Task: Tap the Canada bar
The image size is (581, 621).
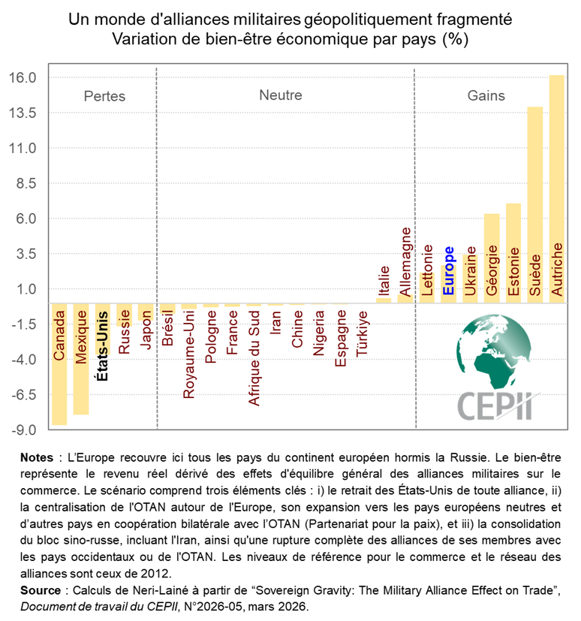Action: (x=59, y=364)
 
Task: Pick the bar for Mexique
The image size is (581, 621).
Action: (x=81, y=359)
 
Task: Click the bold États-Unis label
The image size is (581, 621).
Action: (x=103, y=346)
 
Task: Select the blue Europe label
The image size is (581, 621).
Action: (x=449, y=270)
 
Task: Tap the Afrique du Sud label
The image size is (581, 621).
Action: (x=254, y=357)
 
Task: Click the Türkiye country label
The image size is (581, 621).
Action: (x=363, y=335)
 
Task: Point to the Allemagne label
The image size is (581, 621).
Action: (x=405, y=261)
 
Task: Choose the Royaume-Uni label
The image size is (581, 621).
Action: (x=188, y=353)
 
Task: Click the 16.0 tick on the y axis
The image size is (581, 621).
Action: (x=23, y=78)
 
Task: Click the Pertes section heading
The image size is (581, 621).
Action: (x=104, y=96)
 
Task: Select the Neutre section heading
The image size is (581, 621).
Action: (x=281, y=95)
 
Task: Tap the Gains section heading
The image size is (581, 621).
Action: (x=486, y=95)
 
